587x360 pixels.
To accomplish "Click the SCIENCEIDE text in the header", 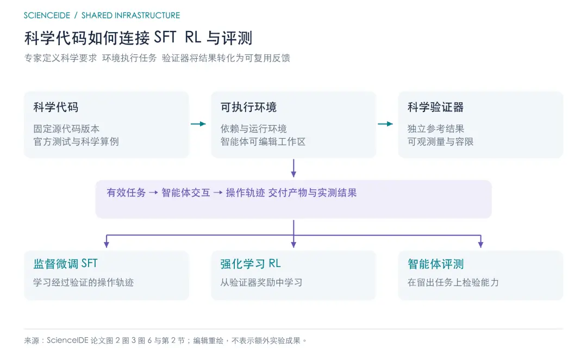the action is pos(47,15).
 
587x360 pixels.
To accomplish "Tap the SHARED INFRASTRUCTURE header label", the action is pos(130,15).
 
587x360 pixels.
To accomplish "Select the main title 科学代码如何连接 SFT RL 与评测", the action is pos(138,38).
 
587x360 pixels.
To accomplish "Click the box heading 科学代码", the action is pos(56,108).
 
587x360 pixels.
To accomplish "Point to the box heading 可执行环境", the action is pos(248,108).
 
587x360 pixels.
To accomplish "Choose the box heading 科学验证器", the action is pos(435,108).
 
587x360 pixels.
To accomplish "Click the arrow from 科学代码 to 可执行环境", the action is pos(198,124).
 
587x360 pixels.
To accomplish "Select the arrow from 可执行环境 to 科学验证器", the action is pos(385,124).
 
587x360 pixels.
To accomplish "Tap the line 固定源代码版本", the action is pos(66,129).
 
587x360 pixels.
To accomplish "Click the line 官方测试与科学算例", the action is pos(76,141).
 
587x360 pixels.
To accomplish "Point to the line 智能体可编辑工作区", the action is pos(263,141).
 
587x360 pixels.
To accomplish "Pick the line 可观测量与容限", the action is pos(440,141).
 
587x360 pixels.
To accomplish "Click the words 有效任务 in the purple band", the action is pos(126,193).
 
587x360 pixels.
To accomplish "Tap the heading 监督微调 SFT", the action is pos(66,264).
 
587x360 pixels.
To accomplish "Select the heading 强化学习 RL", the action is pos(251,264).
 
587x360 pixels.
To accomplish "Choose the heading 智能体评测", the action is pos(435,264).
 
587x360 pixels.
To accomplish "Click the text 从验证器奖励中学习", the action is pos(261,282).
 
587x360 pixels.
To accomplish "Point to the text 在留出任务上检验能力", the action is pos(453,282).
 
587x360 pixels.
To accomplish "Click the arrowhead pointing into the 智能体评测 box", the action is pos(480,245).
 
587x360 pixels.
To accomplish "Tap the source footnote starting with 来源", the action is pos(165,340).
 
